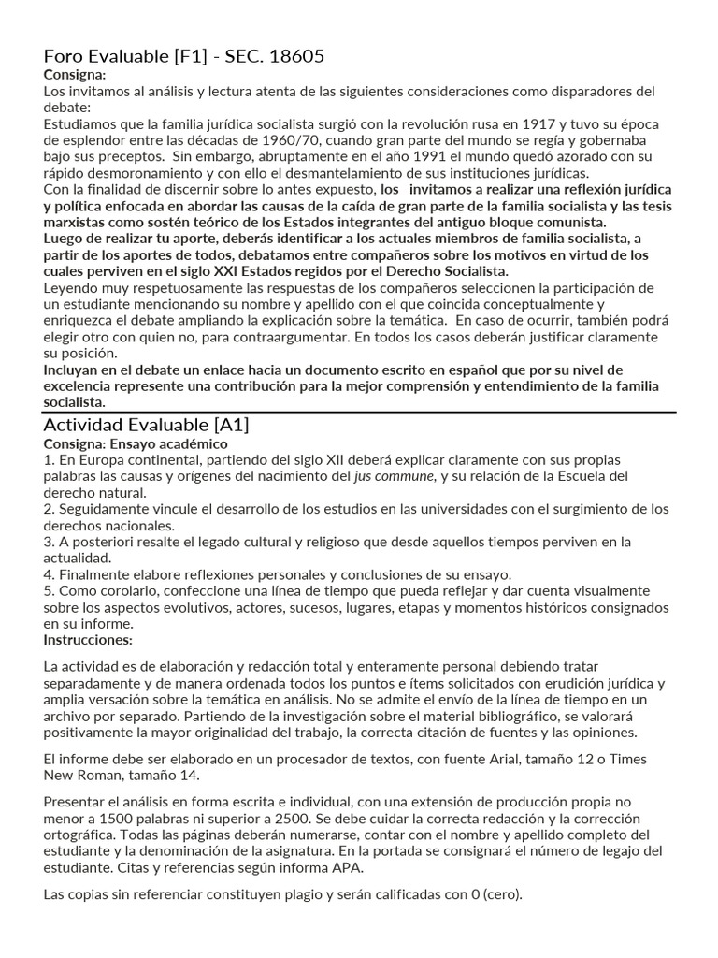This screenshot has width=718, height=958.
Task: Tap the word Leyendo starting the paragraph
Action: pyautogui.click(x=71, y=287)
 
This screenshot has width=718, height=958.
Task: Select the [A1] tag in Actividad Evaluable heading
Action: pyautogui.click(x=227, y=425)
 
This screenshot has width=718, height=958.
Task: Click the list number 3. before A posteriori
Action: pyautogui.click(x=50, y=542)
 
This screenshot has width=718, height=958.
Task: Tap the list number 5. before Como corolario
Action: pyautogui.click(x=50, y=591)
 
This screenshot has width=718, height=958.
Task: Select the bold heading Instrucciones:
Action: pyautogui.click(x=88, y=640)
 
